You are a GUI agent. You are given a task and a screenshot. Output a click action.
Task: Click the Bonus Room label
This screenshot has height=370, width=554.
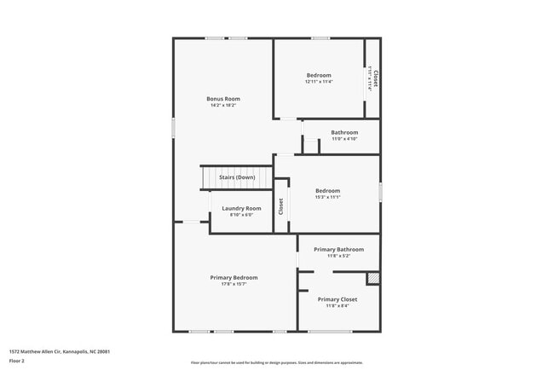(x=223, y=99)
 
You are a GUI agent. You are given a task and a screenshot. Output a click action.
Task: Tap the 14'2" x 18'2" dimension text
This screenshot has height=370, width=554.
(x=223, y=106)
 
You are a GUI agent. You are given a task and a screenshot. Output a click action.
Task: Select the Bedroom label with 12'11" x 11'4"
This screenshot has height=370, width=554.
(x=320, y=75)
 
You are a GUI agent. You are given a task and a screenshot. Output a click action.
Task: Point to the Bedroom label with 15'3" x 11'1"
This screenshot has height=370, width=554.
(x=327, y=190)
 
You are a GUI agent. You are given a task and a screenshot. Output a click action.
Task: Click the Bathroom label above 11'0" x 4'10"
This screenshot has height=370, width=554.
(x=344, y=132)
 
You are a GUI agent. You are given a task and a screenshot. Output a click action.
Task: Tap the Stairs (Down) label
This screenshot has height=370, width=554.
(x=237, y=177)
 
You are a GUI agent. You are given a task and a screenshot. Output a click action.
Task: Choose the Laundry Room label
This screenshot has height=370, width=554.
(x=241, y=208)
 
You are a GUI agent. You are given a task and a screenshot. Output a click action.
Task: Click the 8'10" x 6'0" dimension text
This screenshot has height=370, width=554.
(x=241, y=215)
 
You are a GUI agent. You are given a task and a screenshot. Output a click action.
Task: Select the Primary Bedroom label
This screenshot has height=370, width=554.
(x=234, y=277)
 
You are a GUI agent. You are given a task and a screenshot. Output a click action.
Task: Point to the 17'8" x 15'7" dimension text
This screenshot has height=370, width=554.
(x=234, y=284)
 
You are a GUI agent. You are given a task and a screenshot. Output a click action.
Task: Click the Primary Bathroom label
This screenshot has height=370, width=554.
(x=338, y=249)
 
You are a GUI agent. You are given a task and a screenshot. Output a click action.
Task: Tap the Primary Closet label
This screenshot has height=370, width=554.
(x=338, y=299)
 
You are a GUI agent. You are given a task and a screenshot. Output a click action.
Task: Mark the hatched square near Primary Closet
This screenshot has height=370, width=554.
(x=372, y=278)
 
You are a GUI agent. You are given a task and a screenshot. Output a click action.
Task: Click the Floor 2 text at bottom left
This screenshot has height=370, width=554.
(x=18, y=361)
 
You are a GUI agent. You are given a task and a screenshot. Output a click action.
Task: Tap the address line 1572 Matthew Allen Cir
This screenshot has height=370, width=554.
(x=59, y=351)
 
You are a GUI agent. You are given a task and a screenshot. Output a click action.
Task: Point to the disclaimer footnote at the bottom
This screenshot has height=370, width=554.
(x=276, y=363)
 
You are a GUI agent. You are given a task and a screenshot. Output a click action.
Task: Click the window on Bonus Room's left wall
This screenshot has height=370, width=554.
(x=173, y=128)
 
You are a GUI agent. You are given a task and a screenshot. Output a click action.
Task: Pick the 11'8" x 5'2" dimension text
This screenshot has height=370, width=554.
(x=338, y=256)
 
